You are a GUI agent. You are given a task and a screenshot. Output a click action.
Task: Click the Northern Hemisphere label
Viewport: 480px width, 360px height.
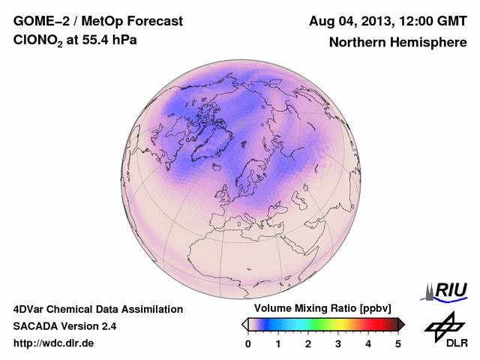(397, 42)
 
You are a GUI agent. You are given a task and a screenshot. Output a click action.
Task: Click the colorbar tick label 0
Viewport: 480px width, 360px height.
(248, 343)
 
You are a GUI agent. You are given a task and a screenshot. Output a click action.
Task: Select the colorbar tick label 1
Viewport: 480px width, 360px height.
(278, 343)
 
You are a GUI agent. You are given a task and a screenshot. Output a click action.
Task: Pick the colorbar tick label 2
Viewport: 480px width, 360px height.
(308, 343)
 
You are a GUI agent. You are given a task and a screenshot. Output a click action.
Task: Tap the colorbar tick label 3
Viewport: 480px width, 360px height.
(338, 343)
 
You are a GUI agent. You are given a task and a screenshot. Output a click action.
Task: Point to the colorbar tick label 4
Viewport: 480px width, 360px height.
(368, 343)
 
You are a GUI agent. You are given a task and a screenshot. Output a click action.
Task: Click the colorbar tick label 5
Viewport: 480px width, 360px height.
(398, 343)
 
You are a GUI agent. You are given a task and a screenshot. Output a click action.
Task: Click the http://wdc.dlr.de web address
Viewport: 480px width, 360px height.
(54, 343)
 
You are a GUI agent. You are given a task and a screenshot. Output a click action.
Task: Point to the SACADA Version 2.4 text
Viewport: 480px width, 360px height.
(64, 326)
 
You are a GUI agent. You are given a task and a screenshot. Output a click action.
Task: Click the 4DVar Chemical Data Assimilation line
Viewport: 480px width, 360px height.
(97, 309)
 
